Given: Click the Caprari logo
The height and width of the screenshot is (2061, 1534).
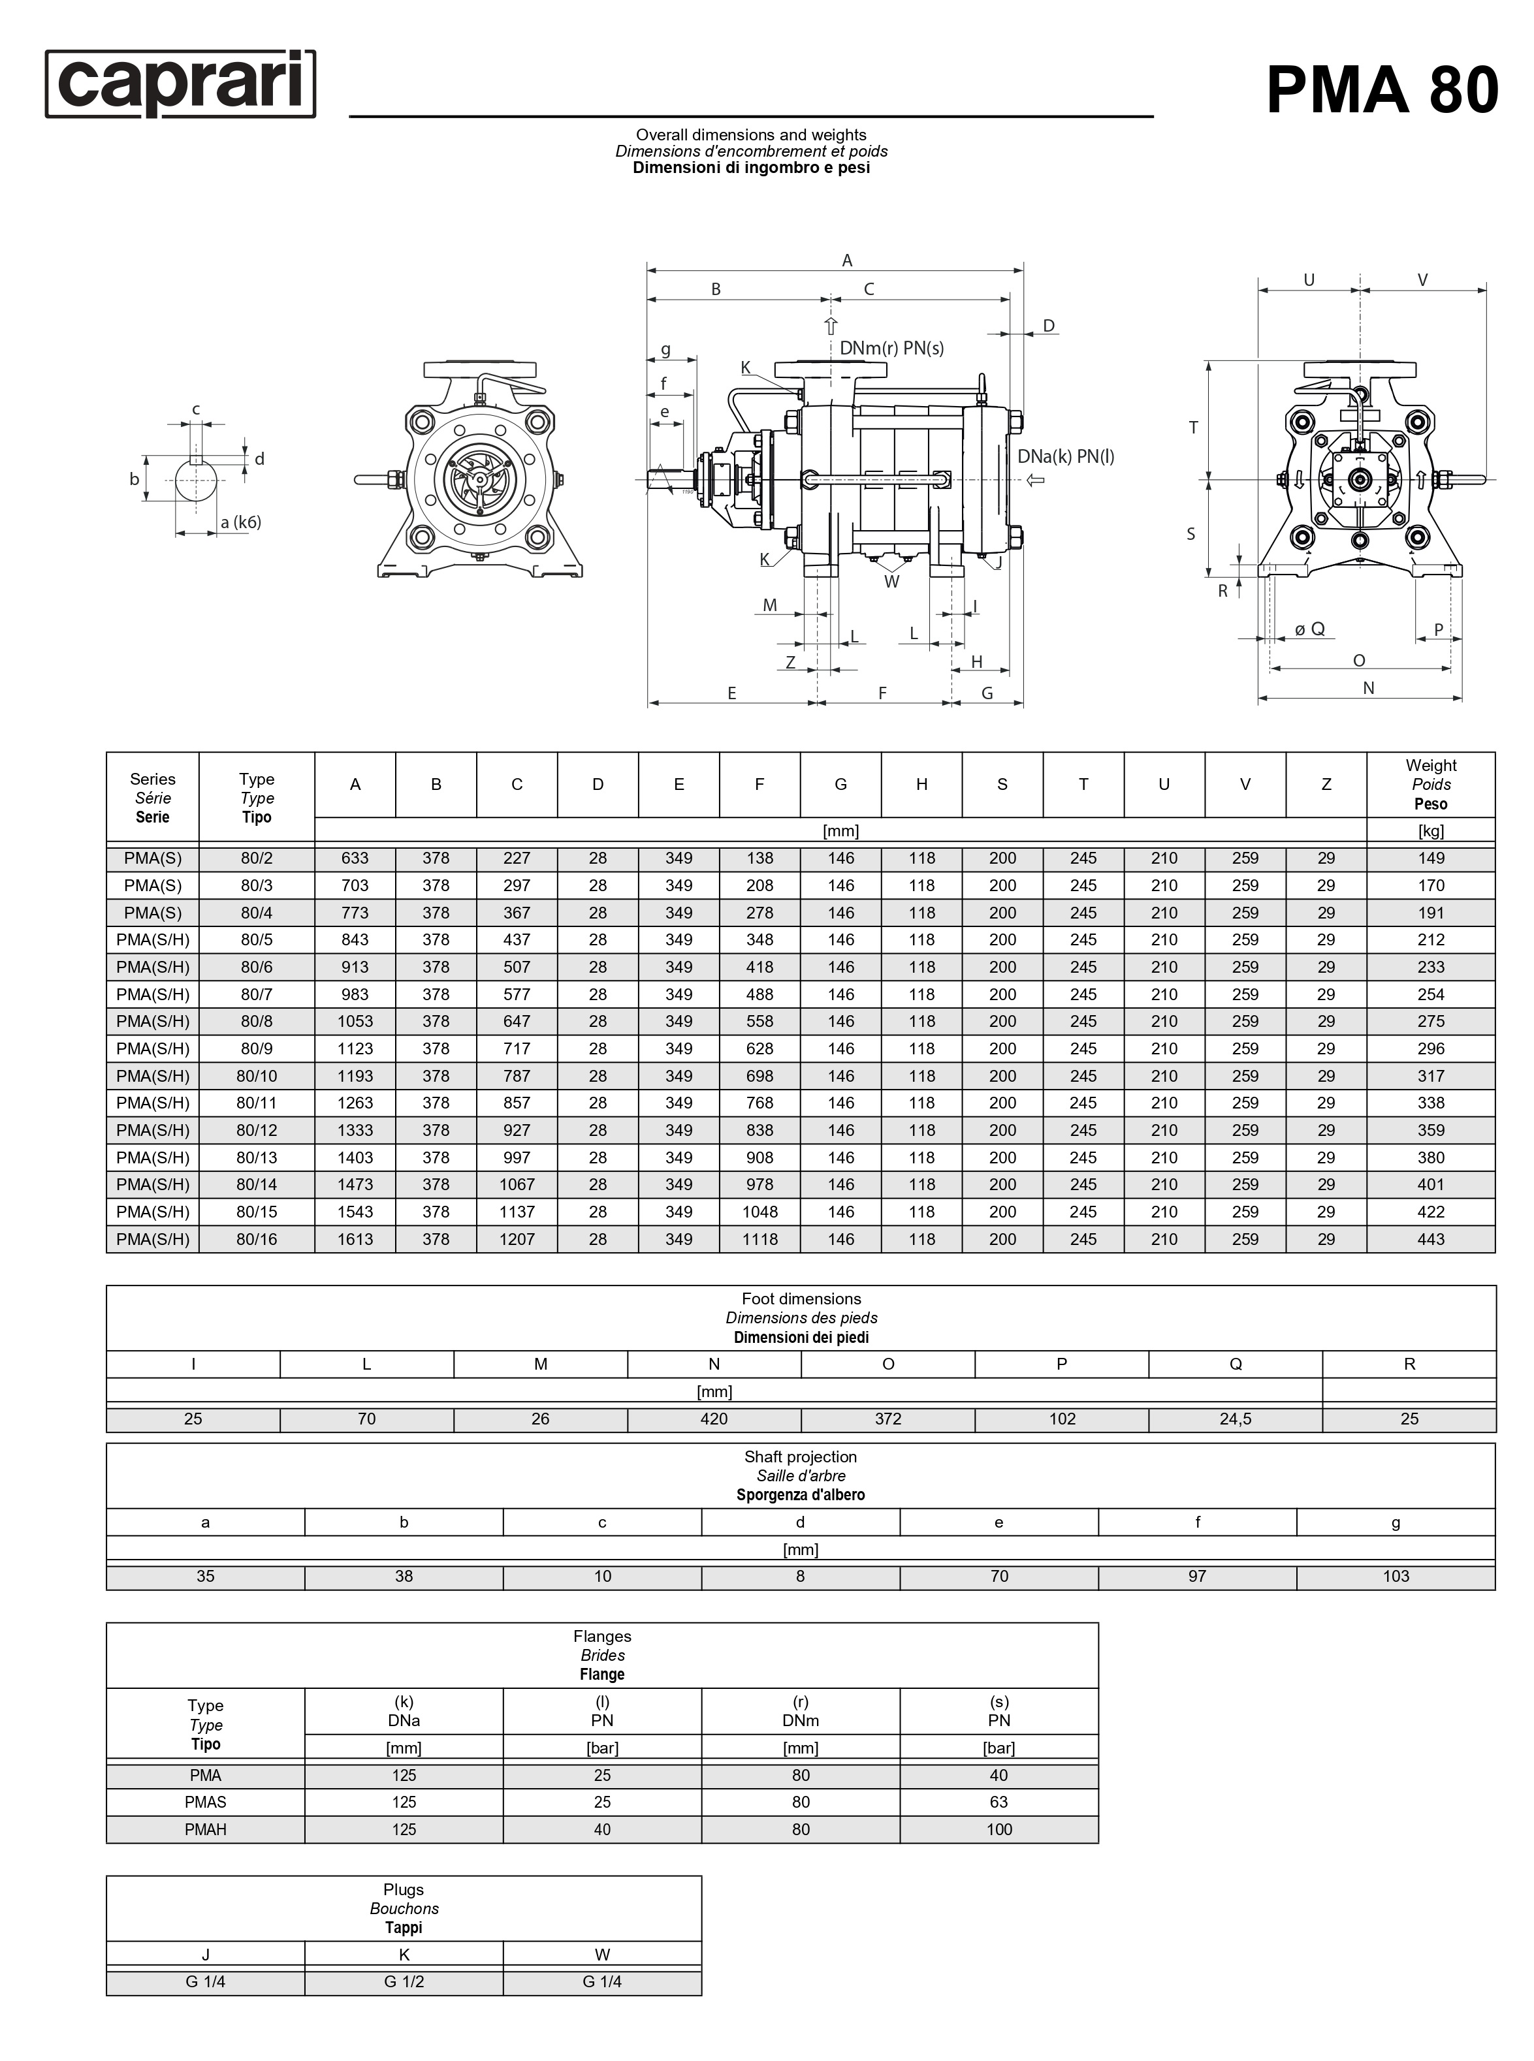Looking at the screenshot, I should tap(180, 84).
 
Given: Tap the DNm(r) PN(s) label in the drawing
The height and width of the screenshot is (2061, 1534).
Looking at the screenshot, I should tap(891, 348).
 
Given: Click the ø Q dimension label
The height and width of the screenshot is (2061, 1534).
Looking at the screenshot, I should tap(1310, 629).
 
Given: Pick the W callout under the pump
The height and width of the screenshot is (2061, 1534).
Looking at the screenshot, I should tap(891, 582).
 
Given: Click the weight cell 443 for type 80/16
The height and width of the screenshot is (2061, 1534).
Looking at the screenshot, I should tap(1430, 1238).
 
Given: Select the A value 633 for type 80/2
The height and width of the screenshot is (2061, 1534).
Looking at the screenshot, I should tap(355, 858).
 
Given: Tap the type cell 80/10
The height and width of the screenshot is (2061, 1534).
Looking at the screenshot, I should tap(256, 1076).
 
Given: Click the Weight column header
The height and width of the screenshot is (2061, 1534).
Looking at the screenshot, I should tap(1430, 785).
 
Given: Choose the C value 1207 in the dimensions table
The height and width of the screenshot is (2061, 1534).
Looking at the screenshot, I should tap(517, 1238).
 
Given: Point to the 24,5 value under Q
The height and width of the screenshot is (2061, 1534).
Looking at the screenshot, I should tap(1235, 1419).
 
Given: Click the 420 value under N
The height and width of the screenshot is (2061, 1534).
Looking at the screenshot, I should tap(713, 1419).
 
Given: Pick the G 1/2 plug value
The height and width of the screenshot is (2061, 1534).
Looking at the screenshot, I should tap(404, 1981).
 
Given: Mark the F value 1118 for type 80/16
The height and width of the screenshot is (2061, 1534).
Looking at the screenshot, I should tap(759, 1238).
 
